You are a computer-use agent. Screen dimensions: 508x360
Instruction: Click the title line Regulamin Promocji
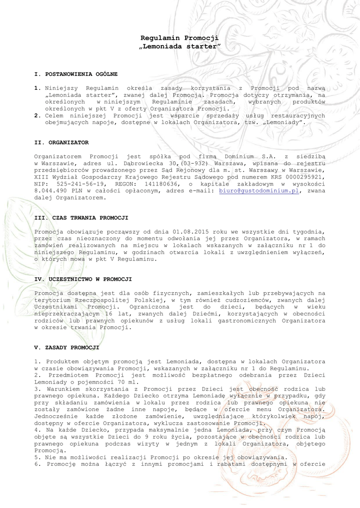coord(180,38)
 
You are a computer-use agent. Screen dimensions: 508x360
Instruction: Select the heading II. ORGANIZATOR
coord(62,142)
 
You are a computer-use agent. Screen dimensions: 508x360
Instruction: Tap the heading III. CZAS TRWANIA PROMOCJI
coord(81,218)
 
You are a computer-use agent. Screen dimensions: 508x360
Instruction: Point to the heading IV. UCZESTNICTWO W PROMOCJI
coord(83,279)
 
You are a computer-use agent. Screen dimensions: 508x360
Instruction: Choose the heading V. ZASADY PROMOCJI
coord(67,348)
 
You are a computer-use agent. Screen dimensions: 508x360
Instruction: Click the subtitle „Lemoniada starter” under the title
coord(180,46)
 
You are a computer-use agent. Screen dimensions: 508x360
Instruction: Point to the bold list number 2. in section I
coord(37,115)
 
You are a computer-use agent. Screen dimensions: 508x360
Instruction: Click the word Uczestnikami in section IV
coord(60,307)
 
